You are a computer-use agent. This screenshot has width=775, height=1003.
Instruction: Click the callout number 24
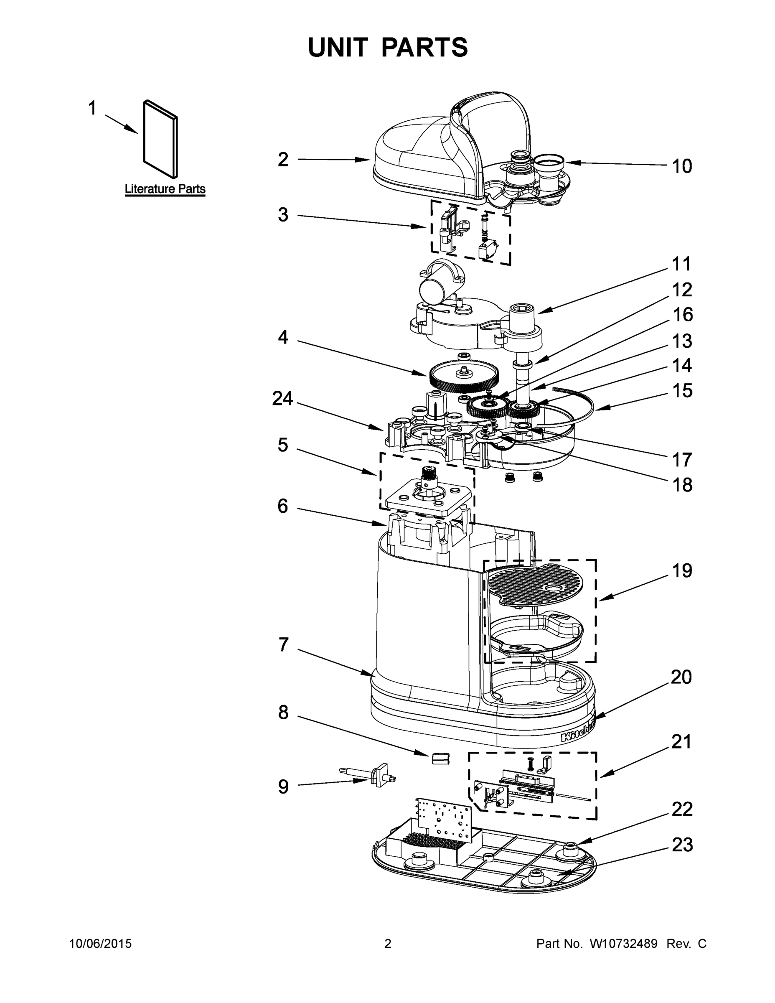(x=282, y=398)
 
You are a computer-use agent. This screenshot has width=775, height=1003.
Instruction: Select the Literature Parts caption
(x=165, y=189)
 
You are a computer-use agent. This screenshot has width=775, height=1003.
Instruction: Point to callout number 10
(x=681, y=166)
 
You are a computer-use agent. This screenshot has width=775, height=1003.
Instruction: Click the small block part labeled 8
(x=440, y=758)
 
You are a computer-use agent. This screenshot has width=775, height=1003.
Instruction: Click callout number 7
(x=283, y=644)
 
